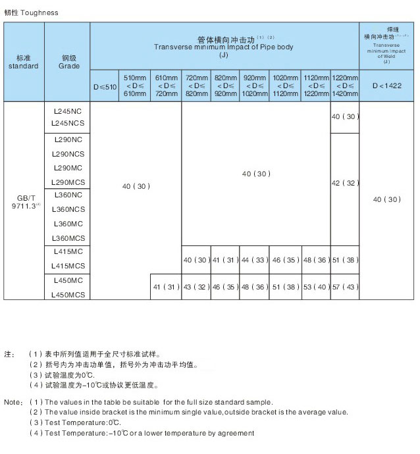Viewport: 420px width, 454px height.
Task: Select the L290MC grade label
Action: (67, 168)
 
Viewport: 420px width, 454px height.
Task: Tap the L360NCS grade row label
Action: (67, 210)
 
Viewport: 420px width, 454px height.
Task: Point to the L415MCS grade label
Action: (67, 266)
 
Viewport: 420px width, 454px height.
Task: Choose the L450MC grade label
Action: (67, 281)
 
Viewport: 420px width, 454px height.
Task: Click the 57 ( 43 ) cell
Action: (345, 288)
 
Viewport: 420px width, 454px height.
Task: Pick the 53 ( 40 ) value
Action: (315, 288)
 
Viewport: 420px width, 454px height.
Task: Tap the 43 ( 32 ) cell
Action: (196, 288)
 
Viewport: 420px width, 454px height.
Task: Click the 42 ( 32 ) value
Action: (345, 183)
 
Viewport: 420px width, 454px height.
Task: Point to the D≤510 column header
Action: (104, 86)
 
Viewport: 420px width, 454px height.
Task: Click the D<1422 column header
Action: (386, 86)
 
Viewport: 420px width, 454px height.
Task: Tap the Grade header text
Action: (68, 66)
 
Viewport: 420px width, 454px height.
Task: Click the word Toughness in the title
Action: (40, 13)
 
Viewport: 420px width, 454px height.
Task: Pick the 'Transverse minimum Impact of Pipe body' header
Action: (224, 47)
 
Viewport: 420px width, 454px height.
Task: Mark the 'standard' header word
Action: (23, 66)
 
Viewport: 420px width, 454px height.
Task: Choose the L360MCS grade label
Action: (67, 238)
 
